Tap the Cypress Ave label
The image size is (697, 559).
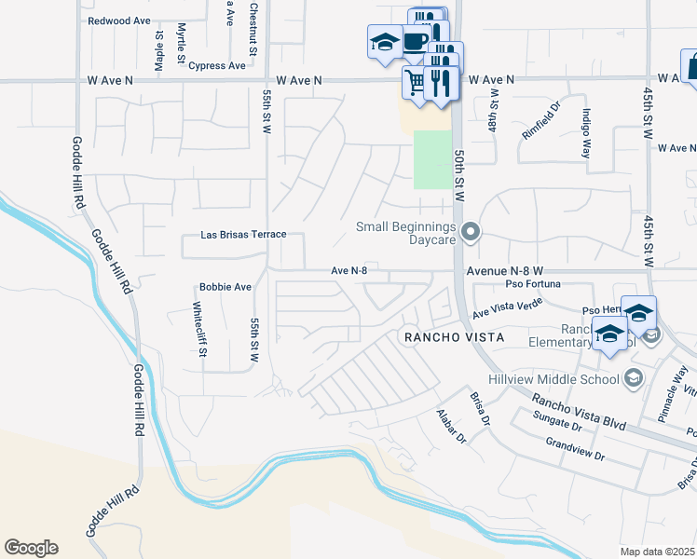point(217,66)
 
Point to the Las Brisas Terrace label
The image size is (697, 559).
point(243,236)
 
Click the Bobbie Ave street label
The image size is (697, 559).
point(225,287)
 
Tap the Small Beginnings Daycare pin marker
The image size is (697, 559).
point(471,232)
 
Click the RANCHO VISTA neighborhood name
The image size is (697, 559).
point(452,336)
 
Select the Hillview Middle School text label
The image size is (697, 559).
point(553,378)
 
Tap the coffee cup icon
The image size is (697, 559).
point(415,41)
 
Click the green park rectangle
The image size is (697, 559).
point(431,159)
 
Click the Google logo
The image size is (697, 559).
point(31,548)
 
